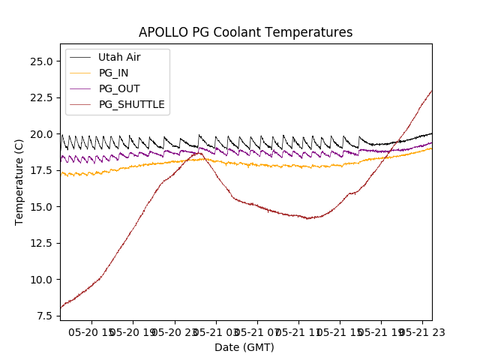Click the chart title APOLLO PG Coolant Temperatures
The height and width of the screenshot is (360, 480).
pyautogui.click(x=245, y=32)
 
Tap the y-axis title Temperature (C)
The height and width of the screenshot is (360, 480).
pyautogui.click(x=19, y=182)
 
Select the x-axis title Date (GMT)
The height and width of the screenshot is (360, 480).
pyautogui.click(x=244, y=347)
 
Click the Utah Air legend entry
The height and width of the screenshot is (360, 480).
pyautogui.click(x=118, y=57)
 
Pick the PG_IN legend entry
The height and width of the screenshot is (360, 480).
pyautogui.click(x=113, y=73)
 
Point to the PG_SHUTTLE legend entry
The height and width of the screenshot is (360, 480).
pyautogui.click(x=131, y=104)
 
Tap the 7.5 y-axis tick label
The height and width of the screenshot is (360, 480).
pyautogui.click(x=44, y=316)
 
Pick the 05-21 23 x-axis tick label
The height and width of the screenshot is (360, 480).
pyautogui.click(x=421, y=331)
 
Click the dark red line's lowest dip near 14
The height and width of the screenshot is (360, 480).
pyautogui.click(x=307, y=218)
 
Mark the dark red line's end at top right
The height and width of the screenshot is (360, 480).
pyautogui.click(x=431, y=91)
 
